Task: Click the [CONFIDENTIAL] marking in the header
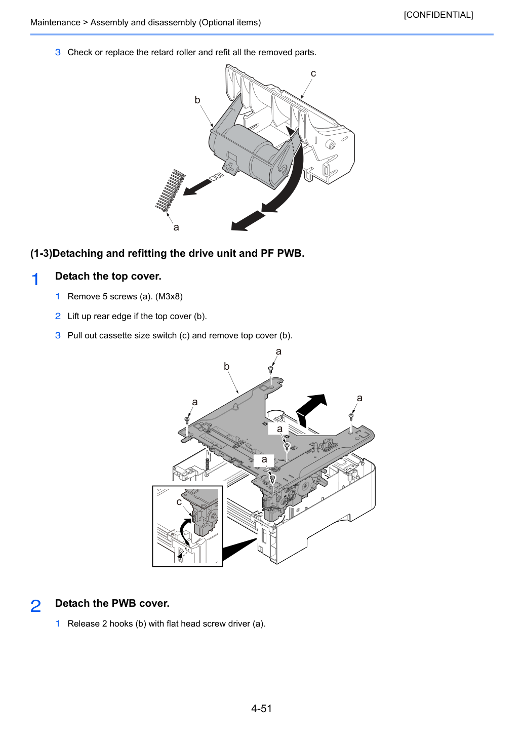pyautogui.click(x=438, y=15)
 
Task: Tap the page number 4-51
pyautogui.click(x=262, y=709)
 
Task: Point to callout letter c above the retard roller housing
pyautogui.click(x=313, y=73)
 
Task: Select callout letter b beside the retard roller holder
pyautogui.click(x=197, y=99)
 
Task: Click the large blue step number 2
pyautogui.click(x=35, y=606)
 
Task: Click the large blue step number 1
pyautogui.click(x=35, y=279)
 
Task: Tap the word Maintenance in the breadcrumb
pyautogui.click(x=55, y=22)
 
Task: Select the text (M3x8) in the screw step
pyautogui.click(x=169, y=296)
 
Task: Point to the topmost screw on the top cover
pyautogui.click(x=271, y=369)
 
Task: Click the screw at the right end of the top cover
pyautogui.click(x=351, y=417)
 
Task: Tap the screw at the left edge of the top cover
pyautogui.click(x=187, y=420)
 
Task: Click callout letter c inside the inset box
pyautogui.click(x=179, y=502)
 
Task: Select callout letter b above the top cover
pyautogui.click(x=226, y=366)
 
